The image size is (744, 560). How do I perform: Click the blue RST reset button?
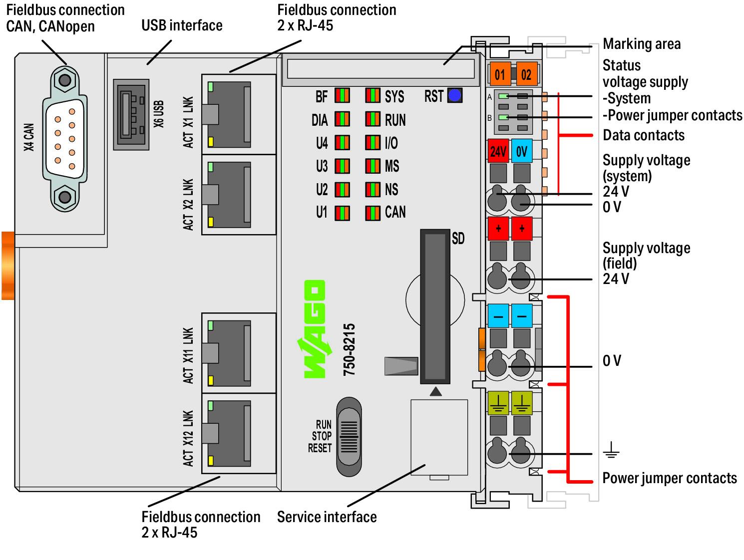pos(454,95)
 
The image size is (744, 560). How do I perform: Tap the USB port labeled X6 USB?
pos(131,114)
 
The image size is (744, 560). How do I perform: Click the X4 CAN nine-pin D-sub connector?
pos(65,139)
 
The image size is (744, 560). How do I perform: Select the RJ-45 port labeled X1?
pos(229,114)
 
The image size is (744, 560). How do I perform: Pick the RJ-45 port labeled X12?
pos(229,433)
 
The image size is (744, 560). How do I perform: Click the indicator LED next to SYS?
pos(372,96)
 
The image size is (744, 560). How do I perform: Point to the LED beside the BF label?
pos(342,96)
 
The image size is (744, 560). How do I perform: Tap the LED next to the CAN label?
pos(372,214)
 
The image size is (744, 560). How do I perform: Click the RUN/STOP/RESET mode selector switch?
pos(349,436)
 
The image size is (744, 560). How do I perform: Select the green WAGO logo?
pos(314,328)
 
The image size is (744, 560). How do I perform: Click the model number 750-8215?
pos(349,349)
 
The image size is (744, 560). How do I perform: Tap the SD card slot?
pos(435,306)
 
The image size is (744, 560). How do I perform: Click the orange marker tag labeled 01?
pos(500,74)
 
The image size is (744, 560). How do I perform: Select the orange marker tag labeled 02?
pos(526,74)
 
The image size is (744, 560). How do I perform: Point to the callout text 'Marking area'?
pos(641,44)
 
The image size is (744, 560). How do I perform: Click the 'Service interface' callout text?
pos(327,517)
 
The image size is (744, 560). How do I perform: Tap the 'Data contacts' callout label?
pos(643,136)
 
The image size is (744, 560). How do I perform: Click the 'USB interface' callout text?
pos(182,25)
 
